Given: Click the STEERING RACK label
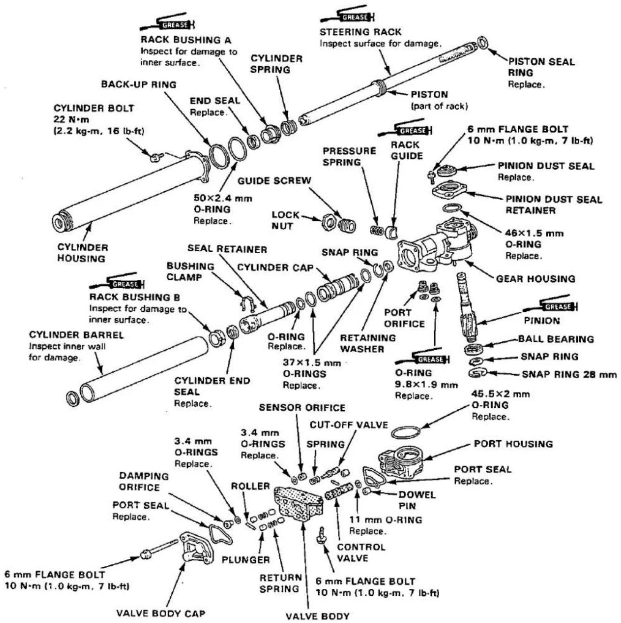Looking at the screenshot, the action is (360, 32).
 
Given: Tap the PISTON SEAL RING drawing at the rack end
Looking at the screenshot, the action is (483, 43).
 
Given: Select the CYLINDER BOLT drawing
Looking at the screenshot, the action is (156, 158).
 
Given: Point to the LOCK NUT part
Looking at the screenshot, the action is (330, 222).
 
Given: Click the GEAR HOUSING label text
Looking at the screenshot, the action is (536, 278).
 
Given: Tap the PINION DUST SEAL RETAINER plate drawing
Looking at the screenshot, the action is (449, 188).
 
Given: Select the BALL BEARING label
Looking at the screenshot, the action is (556, 339).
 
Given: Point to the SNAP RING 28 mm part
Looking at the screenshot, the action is (477, 373).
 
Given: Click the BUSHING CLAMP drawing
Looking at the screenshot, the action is (248, 303).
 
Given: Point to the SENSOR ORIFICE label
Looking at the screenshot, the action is (302, 408).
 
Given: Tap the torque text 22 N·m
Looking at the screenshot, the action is (71, 119).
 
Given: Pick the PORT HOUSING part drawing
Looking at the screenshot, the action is (401, 464).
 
